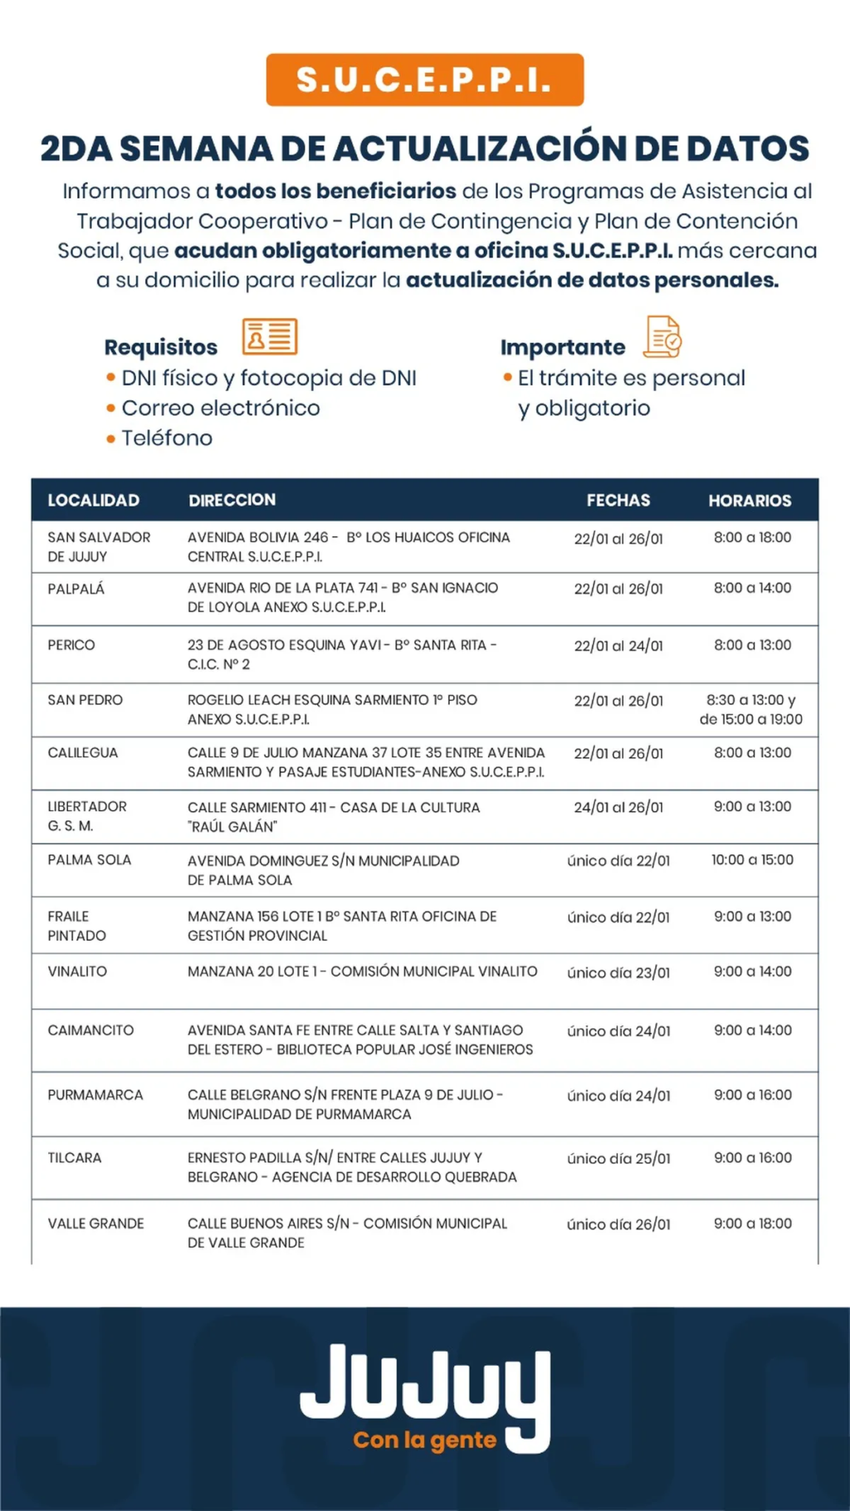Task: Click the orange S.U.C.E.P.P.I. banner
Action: point(424,80)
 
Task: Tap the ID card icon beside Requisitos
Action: point(270,336)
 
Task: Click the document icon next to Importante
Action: point(663,337)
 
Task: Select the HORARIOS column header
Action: point(750,501)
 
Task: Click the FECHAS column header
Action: point(618,501)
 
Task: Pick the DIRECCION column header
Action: point(232,500)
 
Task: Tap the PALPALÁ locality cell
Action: point(76,589)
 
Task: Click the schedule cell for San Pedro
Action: point(750,710)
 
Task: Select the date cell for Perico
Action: point(618,646)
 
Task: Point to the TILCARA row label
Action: point(75,1157)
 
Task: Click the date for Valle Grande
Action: point(618,1225)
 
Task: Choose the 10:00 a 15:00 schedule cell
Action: point(752,860)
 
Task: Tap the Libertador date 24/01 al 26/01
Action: point(618,807)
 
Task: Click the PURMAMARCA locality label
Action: point(95,1095)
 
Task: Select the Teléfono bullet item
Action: point(167,438)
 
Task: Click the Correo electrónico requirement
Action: point(220,408)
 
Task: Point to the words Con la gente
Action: point(424,1440)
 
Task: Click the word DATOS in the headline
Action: point(747,149)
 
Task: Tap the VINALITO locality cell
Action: point(77,971)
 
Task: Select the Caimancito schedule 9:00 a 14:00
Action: point(752,1030)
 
